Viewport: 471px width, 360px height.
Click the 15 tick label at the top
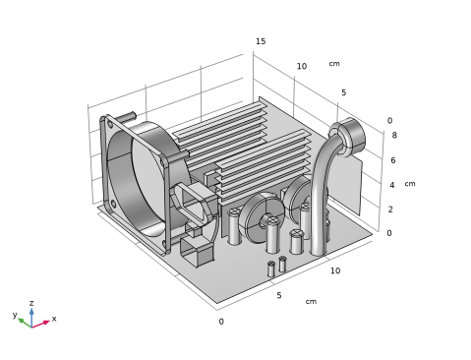pos(261,41)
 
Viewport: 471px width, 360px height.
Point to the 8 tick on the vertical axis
pos(394,135)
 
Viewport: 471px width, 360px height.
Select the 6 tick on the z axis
pos(393,160)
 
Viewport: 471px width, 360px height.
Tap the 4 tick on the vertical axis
pos(392,185)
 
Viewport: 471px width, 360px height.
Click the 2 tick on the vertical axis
pos(390,210)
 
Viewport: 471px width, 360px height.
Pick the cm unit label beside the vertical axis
pos(410,184)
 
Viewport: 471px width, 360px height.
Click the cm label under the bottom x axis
pos(311,301)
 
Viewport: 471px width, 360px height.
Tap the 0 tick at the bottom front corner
pos(221,322)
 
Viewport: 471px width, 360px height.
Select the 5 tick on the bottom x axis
pos(279,295)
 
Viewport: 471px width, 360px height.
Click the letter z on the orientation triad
pos(31,303)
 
